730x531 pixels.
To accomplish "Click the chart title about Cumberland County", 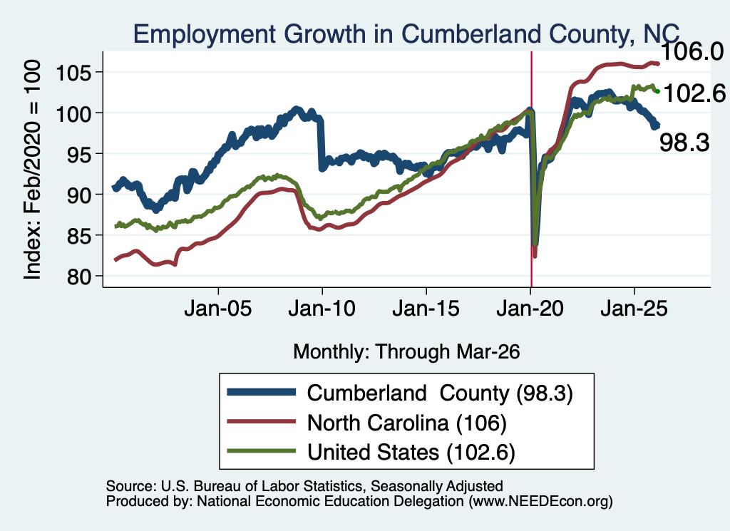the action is click(406, 34).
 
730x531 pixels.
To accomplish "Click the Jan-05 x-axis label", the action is click(218, 308).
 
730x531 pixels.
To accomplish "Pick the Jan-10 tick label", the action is click(322, 308).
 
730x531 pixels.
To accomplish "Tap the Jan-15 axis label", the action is click(426, 308).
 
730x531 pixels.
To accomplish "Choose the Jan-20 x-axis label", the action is click(530, 308).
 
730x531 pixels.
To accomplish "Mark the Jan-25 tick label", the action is click(634, 308).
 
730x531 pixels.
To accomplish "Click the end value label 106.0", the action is click(692, 51).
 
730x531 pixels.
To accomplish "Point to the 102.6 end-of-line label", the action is click(694, 93).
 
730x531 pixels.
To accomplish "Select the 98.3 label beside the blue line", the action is click(684, 143).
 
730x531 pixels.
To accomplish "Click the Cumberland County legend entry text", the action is click(440, 393).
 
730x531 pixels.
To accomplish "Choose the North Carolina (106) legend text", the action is click(407, 423).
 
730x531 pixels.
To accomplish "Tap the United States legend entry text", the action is click(411, 453).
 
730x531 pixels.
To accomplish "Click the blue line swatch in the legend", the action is click(262, 392).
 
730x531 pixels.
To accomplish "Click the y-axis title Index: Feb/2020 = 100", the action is click(33, 170).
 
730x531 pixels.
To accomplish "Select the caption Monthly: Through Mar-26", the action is click(406, 352).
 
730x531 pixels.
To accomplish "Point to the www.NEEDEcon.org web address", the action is click(541, 501).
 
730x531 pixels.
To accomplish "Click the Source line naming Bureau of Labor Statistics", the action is click(304, 486).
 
